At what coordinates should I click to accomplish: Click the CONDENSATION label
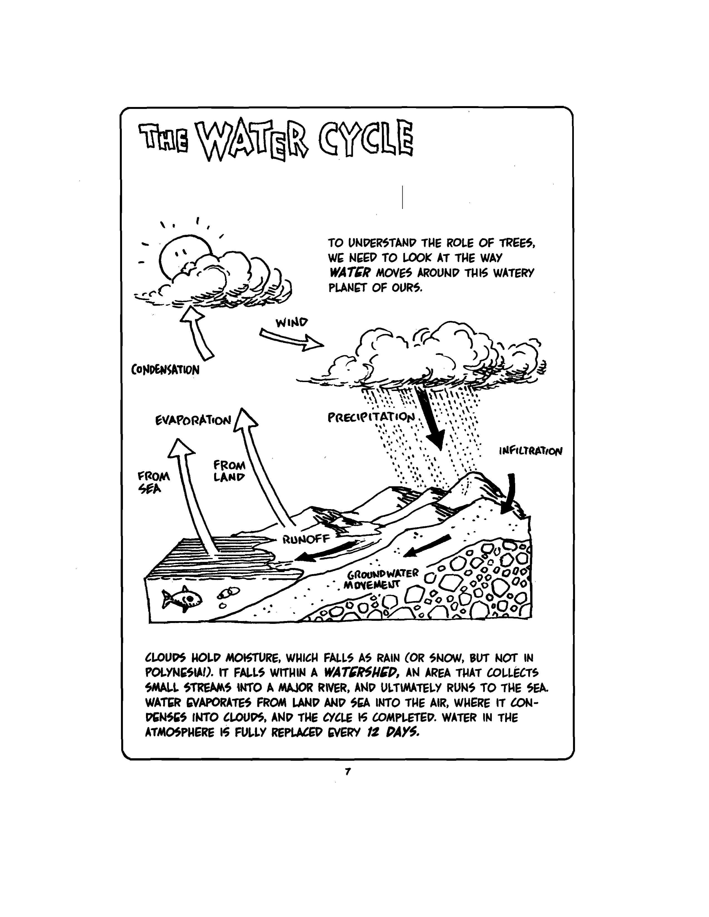tap(165, 370)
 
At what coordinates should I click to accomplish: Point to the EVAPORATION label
tap(193, 420)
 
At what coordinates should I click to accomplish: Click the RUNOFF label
tap(306, 539)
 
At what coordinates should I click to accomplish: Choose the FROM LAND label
tap(229, 471)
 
